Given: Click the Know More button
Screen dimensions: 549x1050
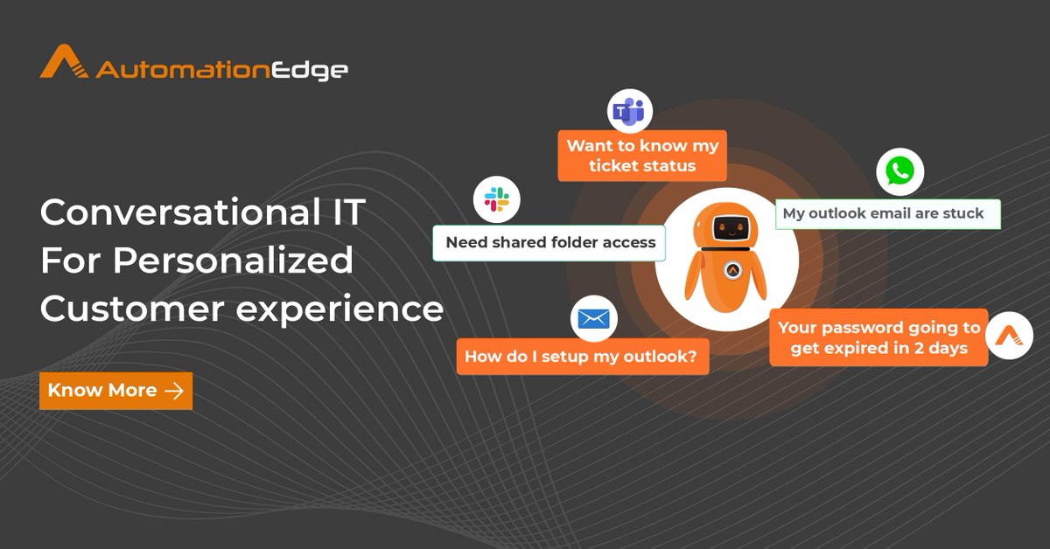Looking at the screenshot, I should pos(115,391).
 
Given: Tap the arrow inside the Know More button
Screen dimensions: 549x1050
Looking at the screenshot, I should pos(174,391).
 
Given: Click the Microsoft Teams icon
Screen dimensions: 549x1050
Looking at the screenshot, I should pos(629,111).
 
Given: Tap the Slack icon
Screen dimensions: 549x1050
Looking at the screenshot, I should pos(496,198).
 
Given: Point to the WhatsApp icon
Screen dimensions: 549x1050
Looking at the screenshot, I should pos(899,171).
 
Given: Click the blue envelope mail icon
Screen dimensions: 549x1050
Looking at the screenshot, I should pos(593,319).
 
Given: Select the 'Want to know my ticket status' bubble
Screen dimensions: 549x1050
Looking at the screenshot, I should pos(642,156).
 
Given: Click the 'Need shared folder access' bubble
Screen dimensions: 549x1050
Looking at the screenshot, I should pos(549,243).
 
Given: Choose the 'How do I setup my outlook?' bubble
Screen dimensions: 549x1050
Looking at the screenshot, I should pos(582,357).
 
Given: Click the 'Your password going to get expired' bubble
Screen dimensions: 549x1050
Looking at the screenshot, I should pos(878,338).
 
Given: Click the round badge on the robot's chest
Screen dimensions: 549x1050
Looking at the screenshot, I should pos(733,271).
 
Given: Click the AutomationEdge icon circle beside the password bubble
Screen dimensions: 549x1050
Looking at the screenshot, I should pos(1009,336).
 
